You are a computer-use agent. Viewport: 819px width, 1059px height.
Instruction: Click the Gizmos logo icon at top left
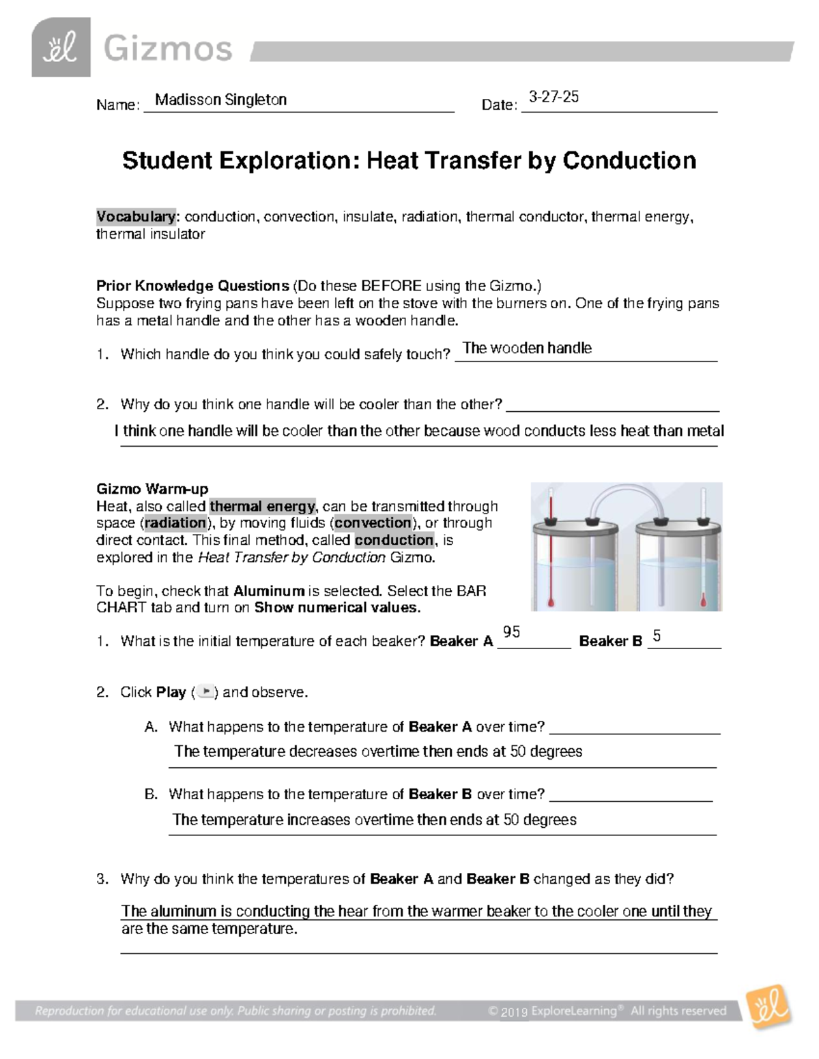pyautogui.click(x=61, y=48)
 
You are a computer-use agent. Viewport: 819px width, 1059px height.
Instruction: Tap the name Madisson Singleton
pyautogui.click(x=220, y=100)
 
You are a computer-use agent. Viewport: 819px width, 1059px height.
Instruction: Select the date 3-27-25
pyautogui.click(x=554, y=97)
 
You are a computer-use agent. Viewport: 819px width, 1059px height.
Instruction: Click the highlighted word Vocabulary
pyautogui.click(x=136, y=217)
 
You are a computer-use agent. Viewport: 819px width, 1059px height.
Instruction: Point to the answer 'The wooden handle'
pyautogui.click(x=527, y=348)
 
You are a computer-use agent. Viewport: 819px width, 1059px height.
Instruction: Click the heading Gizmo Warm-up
pyautogui.click(x=152, y=489)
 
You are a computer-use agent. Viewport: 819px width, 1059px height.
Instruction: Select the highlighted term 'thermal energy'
pyautogui.click(x=263, y=506)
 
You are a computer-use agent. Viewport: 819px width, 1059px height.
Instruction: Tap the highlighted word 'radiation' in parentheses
pyautogui.click(x=175, y=523)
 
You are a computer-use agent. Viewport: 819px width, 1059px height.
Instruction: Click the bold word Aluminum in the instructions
pyautogui.click(x=269, y=591)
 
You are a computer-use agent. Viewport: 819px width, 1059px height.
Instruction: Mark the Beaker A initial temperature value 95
pyautogui.click(x=511, y=632)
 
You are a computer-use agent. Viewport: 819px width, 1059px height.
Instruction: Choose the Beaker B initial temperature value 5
pyautogui.click(x=657, y=636)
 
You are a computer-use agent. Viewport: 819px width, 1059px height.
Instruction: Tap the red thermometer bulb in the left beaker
pyautogui.click(x=550, y=601)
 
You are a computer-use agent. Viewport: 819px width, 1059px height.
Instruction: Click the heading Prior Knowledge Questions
pyautogui.click(x=192, y=286)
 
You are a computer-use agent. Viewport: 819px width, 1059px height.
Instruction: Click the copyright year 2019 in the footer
pyautogui.click(x=514, y=1012)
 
